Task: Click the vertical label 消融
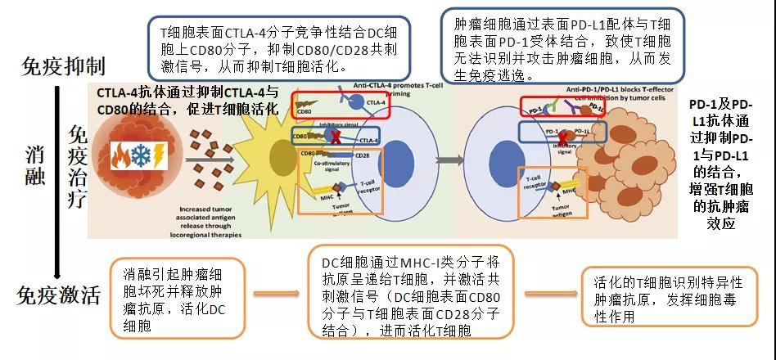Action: coord(34,166)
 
